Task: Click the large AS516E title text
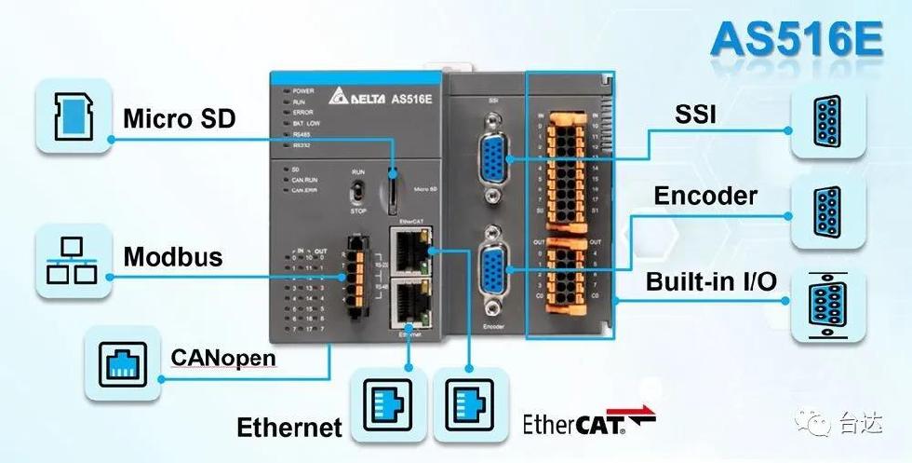coord(798,40)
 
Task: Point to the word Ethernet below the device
coord(289,428)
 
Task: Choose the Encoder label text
coord(705,196)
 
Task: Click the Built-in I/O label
coord(711,281)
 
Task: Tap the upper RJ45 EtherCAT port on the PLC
coord(409,249)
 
